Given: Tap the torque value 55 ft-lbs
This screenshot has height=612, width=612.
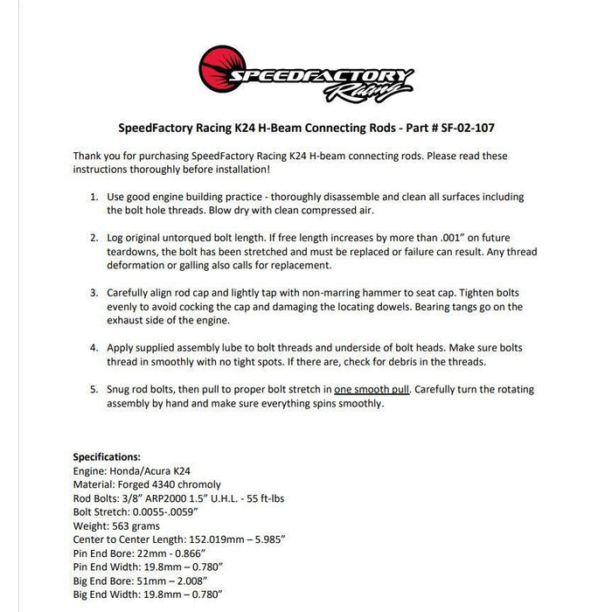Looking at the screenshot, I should pos(281,498).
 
